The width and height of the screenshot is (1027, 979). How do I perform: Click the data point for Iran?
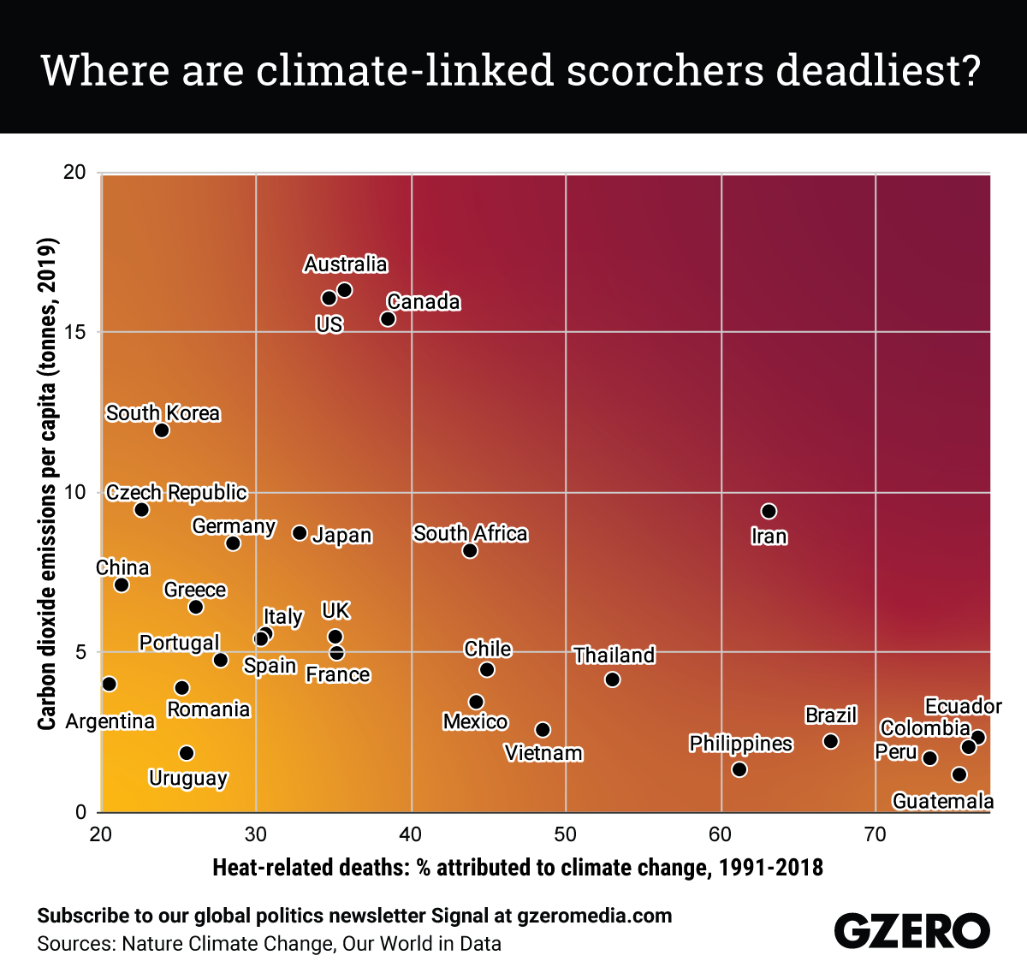(769, 511)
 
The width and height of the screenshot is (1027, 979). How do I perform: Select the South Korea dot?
(162, 430)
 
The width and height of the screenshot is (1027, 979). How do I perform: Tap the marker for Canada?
(388, 318)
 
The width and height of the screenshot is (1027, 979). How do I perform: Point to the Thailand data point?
(612, 679)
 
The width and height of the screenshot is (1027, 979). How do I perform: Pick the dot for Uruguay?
(187, 753)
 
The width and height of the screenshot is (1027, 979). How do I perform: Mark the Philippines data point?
(739, 769)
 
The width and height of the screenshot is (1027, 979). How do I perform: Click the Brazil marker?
(830, 741)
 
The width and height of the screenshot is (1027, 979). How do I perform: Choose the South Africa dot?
(470, 550)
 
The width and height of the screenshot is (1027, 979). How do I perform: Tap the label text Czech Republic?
(176, 493)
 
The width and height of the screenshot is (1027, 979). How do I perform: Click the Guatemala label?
(942, 801)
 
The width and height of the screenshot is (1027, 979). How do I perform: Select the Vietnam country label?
(543, 753)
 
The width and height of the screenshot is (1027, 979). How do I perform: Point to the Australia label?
(346, 264)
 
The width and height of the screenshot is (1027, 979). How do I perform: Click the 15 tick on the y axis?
(75, 332)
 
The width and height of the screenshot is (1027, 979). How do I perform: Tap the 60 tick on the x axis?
(721, 834)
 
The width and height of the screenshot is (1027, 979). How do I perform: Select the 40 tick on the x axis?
(411, 834)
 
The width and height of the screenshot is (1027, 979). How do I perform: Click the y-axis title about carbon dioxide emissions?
(47, 484)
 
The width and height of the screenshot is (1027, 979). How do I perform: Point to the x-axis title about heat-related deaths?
(518, 868)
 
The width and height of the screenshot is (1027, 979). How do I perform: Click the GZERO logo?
(911, 930)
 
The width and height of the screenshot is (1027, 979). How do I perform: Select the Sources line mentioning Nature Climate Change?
(269, 944)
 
